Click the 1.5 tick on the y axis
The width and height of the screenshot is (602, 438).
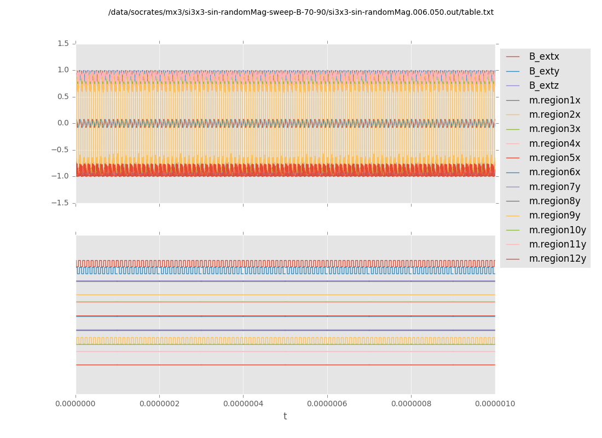pyautogui.click(x=63, y=43)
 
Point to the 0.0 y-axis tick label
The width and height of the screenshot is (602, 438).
pyautogui.click(x=63, y=123)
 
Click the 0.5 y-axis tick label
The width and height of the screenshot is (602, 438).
pyautogui.click(x=63, y=97)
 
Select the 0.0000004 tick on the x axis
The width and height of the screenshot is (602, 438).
pyautogui.click(x=243, y=404)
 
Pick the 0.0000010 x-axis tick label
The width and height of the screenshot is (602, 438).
pyautogui.click(x=495, y=404)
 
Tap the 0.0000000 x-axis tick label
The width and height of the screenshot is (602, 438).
pyautogui.click(x=76, y=404)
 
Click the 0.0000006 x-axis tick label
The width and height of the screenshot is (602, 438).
pyautogui.click(x=327, y=404)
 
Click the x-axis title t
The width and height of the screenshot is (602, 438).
pyautogui.click(x=285, y=417)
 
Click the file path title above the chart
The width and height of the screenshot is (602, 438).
pyautogui.click(x=301, y=13)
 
